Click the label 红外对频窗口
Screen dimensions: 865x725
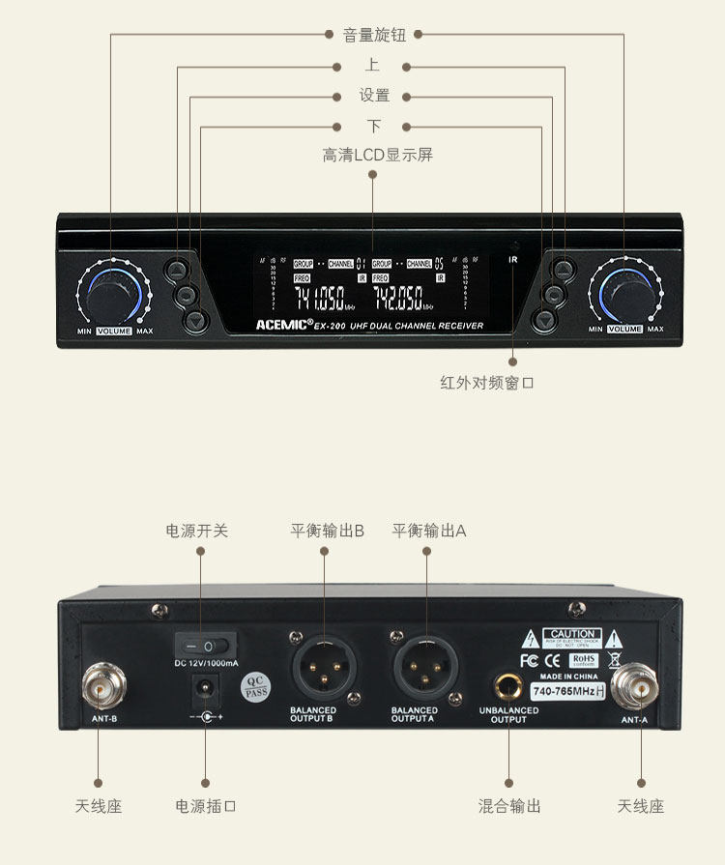pos(487,383)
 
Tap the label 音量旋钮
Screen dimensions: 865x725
pos(374,36)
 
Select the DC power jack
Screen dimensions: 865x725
pos(205,687)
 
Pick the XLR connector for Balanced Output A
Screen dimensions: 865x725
pos(425,666)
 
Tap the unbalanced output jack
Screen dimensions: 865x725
pos(507,686)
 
